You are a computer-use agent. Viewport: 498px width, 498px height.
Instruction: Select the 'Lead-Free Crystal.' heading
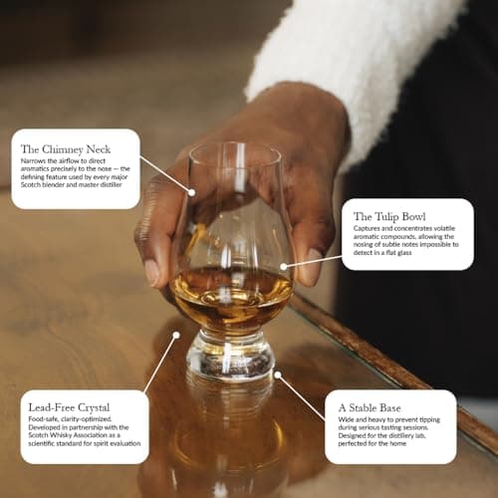click(x=72, y=406)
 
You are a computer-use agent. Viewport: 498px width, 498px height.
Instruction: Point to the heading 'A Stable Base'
click(x=370, y=406)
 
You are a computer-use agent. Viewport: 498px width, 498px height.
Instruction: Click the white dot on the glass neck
click(x=191, y=191)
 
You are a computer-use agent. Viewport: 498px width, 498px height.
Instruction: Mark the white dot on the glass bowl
click(x=284, y=266)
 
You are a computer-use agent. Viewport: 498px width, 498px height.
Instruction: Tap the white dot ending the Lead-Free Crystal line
click(x=176, y=336)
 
